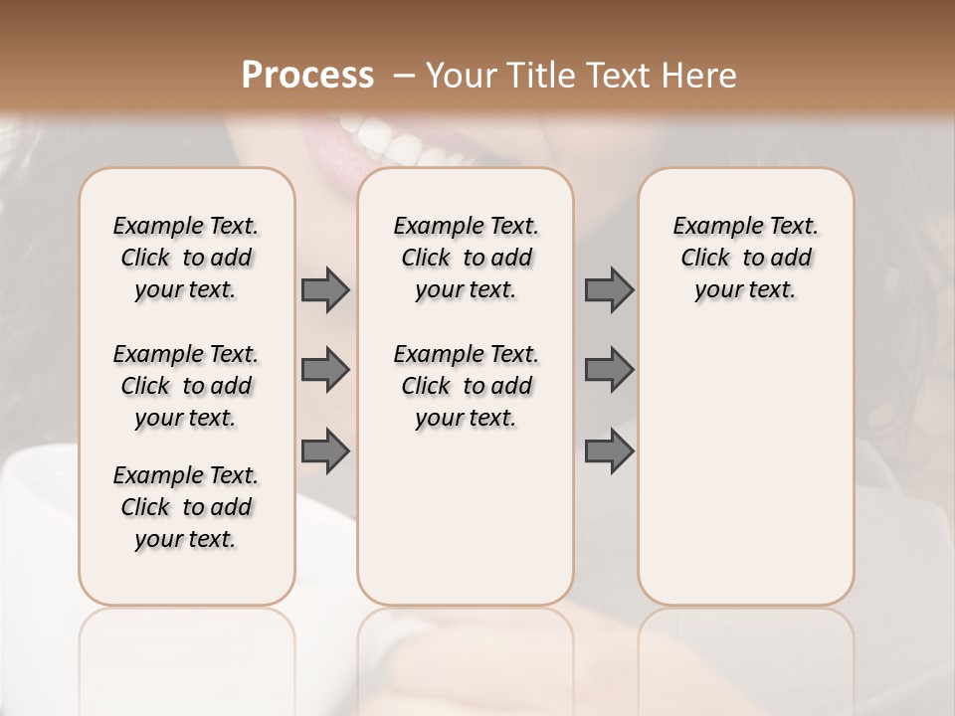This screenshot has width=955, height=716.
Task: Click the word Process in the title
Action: coord(307,76)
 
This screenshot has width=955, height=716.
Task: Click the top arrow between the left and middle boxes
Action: coord(325,289)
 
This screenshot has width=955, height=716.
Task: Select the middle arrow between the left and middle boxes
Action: coord(325,370)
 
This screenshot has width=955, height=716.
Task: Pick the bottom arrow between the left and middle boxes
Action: coord(325,451)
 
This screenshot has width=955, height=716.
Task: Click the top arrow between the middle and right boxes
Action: coord(609,289)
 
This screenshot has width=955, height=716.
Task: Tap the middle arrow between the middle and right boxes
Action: coord(609,370)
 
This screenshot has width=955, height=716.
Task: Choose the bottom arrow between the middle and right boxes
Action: coord(609,451)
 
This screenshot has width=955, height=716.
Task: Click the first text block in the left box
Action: coord(186,258)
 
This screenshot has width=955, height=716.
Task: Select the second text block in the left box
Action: coord(186,386)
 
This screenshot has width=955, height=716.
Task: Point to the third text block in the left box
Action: coord(186,507)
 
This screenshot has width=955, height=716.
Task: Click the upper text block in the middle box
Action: coord(466,258)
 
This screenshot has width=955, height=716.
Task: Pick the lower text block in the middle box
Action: coord(466,386)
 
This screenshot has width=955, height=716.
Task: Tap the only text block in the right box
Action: coord(745,258)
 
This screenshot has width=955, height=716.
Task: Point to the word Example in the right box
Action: coord(710,227)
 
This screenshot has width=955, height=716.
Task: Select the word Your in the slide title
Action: coord(456,76)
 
